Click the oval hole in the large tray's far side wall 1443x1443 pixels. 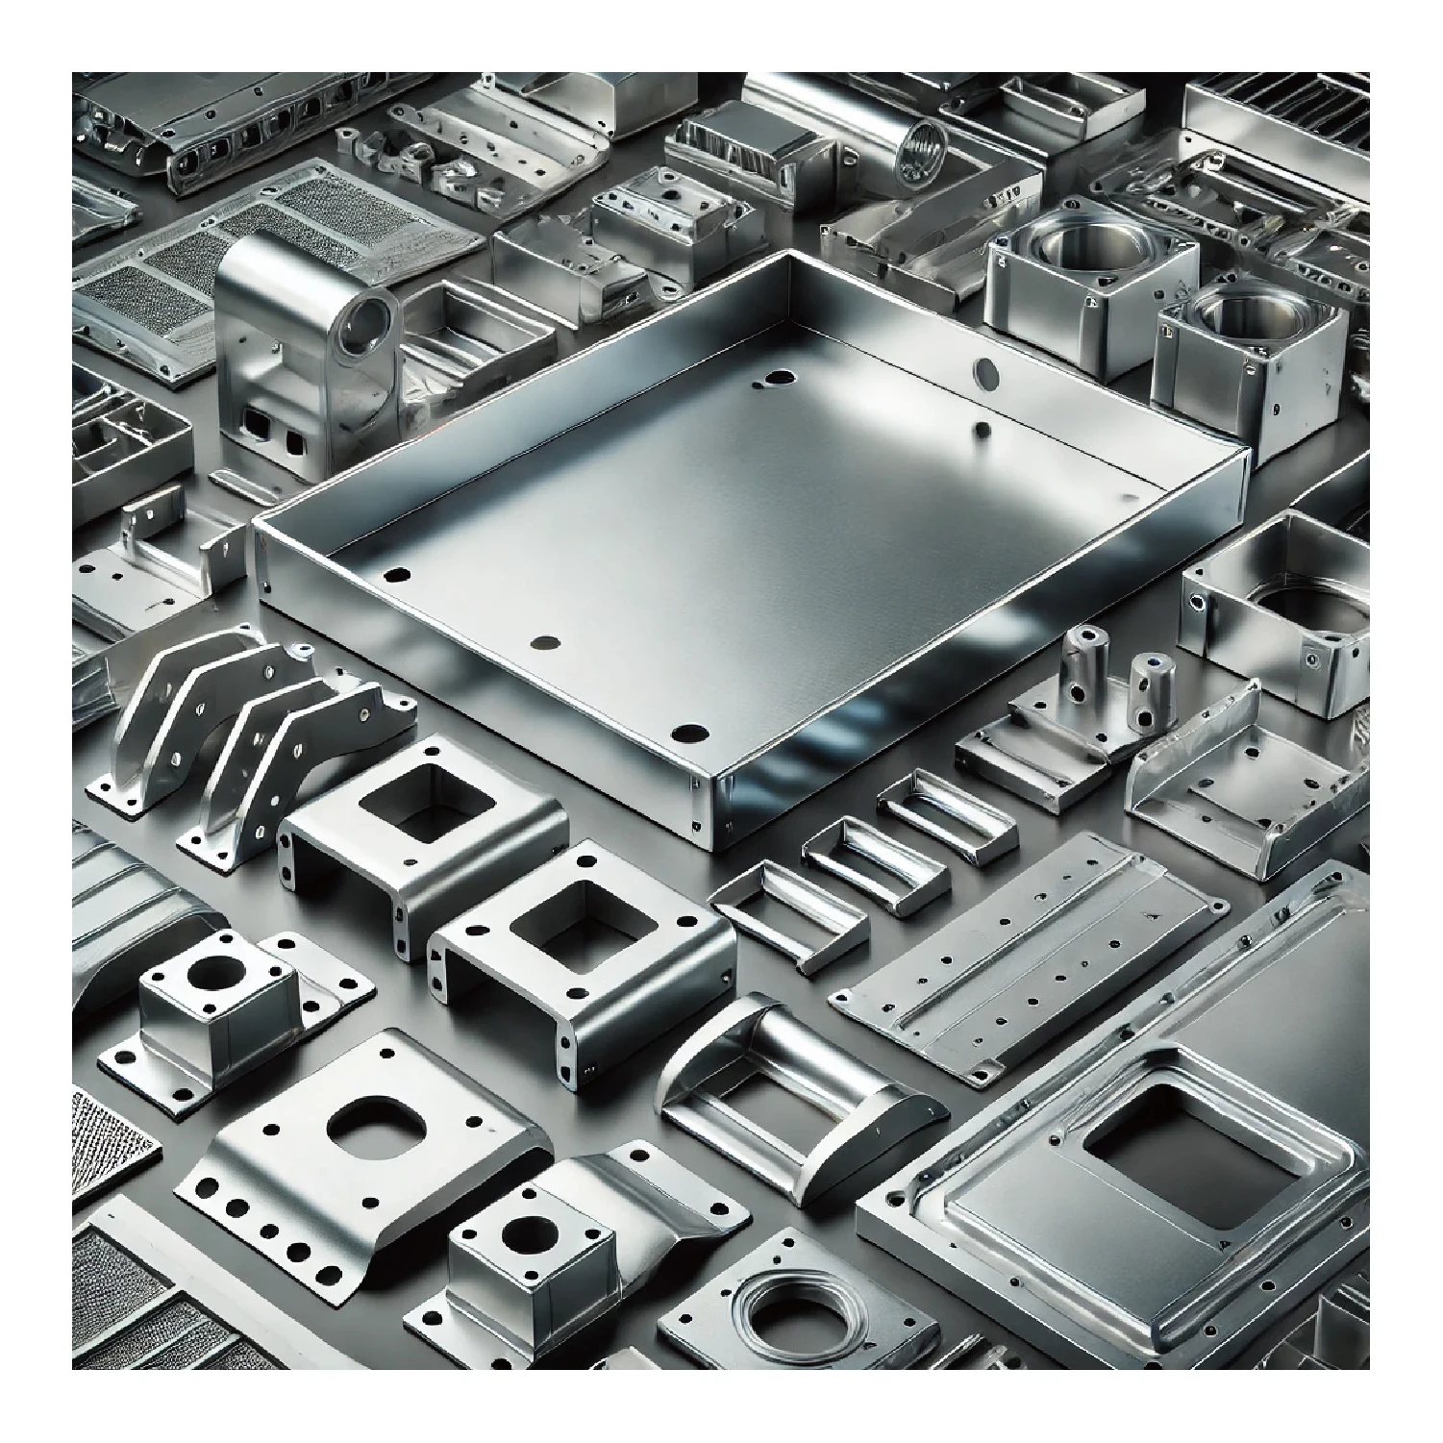(x=986, y=370)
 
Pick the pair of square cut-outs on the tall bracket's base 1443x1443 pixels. (x=272, y=440)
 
